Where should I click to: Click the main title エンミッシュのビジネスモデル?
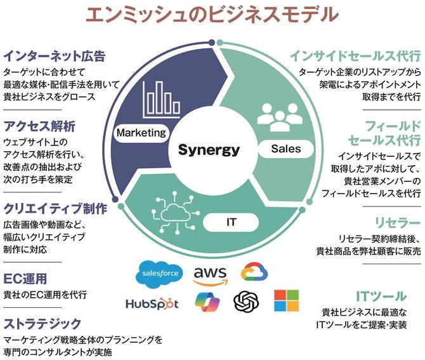pos(213,15)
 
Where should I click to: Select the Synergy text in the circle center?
pos(209,150)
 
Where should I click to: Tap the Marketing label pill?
pos(141,133)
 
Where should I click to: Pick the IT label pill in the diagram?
pos(232,222)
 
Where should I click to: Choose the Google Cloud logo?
pos(254,273)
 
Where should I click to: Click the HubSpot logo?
pos(152,303)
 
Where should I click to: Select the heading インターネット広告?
pos(54,55)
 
